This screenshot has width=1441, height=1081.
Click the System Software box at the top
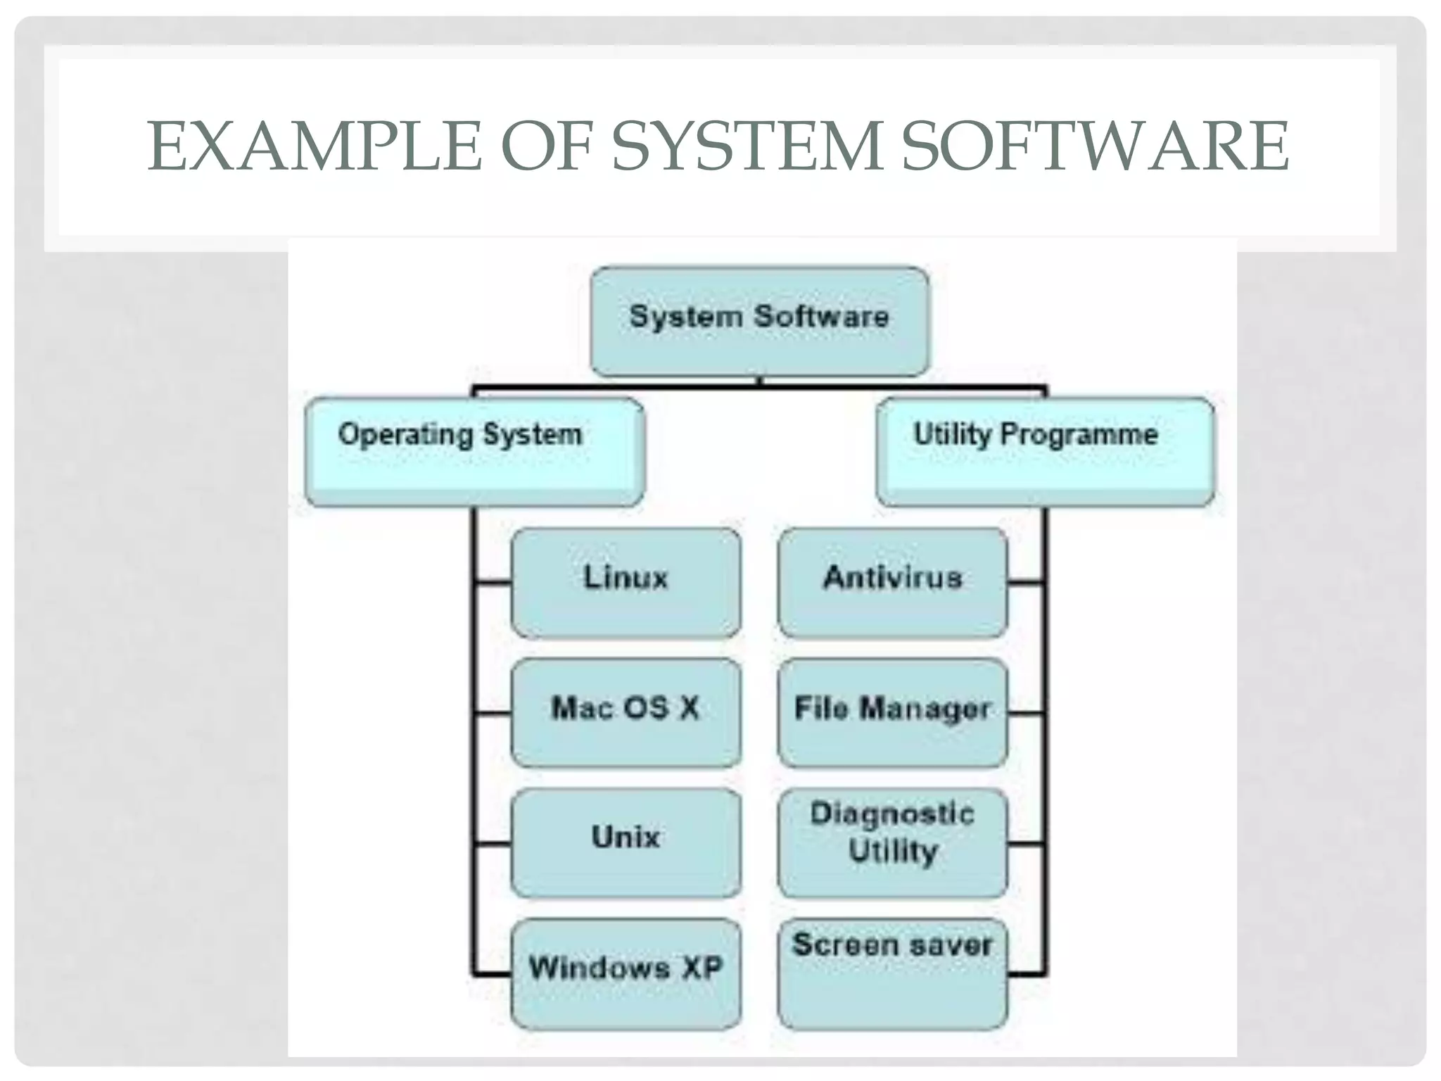[759, 320]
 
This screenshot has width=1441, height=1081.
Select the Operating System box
[474, 451]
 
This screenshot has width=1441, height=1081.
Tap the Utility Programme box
[1045, 451]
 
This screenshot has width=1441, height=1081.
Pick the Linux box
[626, 582]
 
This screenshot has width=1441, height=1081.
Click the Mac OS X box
[626, 712]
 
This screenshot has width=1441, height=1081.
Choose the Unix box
[626, 842]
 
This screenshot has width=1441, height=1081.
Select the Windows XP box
[626, 973]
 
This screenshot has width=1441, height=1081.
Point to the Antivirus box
[892, 582]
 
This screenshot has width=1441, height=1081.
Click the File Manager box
[892, 712]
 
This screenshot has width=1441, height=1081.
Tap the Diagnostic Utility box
[892, 842]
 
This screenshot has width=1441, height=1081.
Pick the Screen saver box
[892, 973]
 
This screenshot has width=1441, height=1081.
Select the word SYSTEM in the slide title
[747, 146]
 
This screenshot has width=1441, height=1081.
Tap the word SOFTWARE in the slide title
[1095, 146]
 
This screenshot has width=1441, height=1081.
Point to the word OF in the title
[547, 146]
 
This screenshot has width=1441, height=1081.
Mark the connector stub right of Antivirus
[1026, 582]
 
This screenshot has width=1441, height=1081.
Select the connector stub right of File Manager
[1026, 713]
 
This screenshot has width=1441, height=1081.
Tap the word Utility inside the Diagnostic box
[893, 852]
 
